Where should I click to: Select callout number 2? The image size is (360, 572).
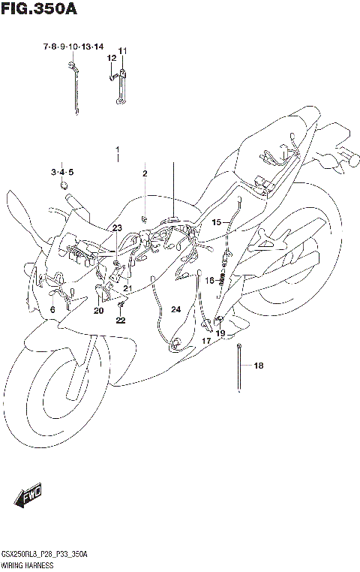(x=145, y=174)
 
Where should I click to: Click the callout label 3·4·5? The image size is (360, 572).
(x=63, y=172)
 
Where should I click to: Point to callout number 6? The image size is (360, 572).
(x=52, y=309)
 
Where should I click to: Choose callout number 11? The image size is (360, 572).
(x=122, y=50)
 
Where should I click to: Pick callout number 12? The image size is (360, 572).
(x=111, y=58)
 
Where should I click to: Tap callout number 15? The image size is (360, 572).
(x=216, y=222)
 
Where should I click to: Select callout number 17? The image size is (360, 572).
(x=205, y=340)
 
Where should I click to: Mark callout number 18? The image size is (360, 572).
(x=259, y=366)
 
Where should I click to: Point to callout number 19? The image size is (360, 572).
(x=220, y=333)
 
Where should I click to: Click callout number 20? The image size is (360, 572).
(x=98, y=310)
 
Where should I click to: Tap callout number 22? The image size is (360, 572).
(x=121, y=321)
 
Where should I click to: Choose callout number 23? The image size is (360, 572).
(x=117, y=227)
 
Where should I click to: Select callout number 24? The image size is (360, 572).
(x=175, y=309)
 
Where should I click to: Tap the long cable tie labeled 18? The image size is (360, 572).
(x=238, y=368)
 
